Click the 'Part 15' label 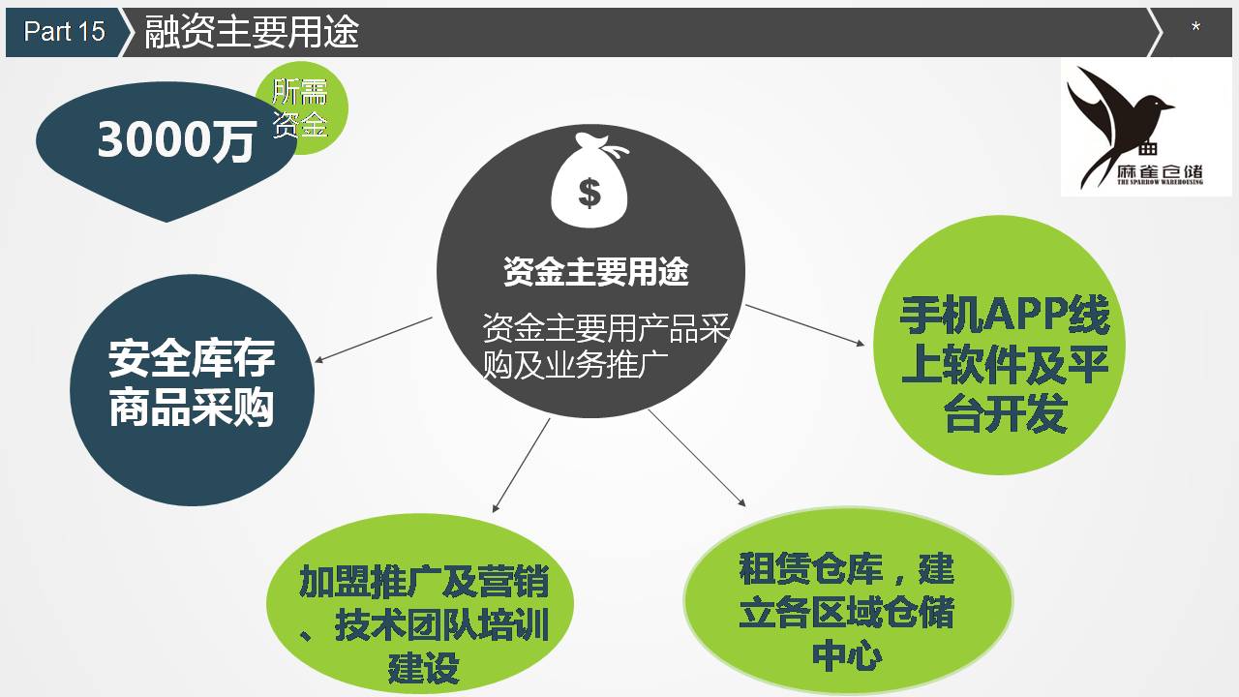click(x=64, y=31)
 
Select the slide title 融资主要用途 click(x=252, y=32)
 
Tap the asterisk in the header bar click(x=1195, y=26)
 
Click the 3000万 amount click(x=176, y=140)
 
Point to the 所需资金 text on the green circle click(x=300, y=107)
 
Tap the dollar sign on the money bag click(x=589, y=193)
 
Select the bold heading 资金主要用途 click(x=595, y=272)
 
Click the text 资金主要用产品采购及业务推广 click(x=606, y=346)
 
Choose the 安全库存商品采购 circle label click(x=192, y=382)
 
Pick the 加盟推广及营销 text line click(x=424, y=582)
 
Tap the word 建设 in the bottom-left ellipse click(x=424, y=668)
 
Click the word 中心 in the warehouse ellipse click(x=847, y=656)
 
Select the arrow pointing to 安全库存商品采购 click(x=374, y=340)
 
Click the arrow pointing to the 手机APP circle click(x=804, y=325)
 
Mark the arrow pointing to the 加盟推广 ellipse click(x=521, y=466)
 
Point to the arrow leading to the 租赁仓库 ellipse click(x=697, y=458)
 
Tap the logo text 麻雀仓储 click(x=1160, y=171)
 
